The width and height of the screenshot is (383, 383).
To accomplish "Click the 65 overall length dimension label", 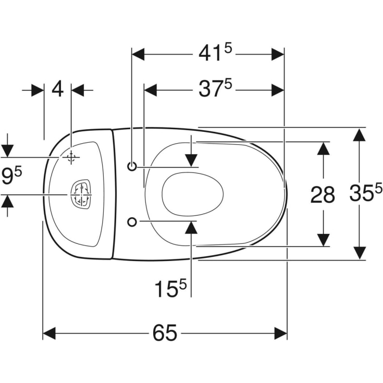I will click(165, 333).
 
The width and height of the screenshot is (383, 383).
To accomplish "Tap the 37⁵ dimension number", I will click(214, 90).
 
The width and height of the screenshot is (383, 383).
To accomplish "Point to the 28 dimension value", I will click(323, 194).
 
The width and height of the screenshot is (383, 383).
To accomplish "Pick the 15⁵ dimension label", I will click(169, 288).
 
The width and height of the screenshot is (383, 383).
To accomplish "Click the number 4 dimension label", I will click(57, 90).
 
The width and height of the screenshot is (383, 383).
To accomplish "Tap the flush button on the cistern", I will click(80, 194).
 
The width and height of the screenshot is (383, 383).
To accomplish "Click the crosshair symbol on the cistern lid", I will click(71, 157).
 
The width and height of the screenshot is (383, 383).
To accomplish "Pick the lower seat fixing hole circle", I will click(132, 222).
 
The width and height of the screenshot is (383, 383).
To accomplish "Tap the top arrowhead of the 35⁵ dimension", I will click(359, 134).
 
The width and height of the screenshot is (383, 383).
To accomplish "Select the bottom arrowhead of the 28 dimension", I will click(324, 239).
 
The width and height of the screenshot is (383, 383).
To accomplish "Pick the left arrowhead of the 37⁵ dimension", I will click(151, 90).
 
